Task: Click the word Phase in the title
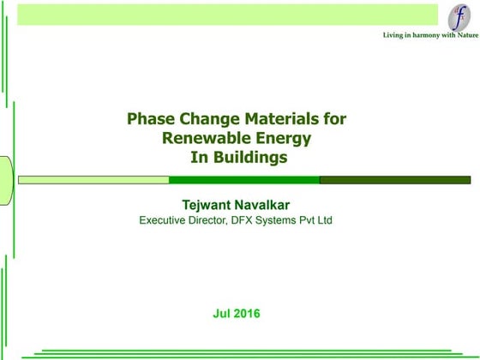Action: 147,119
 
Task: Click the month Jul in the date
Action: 221,313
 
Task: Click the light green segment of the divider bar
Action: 93,180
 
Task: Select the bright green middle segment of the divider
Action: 244,180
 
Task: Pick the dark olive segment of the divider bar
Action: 395,180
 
